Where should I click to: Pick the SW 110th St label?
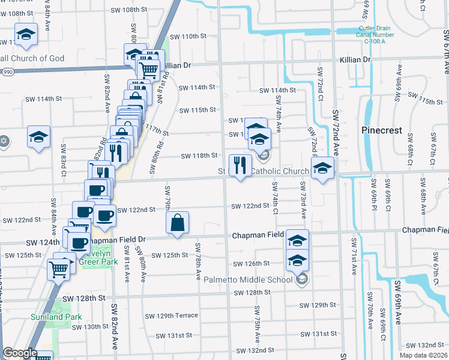pos(188,36)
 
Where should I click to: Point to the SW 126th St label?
pos(252,263)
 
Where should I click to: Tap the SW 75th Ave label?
pos(256,326)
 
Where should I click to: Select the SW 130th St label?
pos(89,327)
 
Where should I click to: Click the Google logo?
pos(20,353)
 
